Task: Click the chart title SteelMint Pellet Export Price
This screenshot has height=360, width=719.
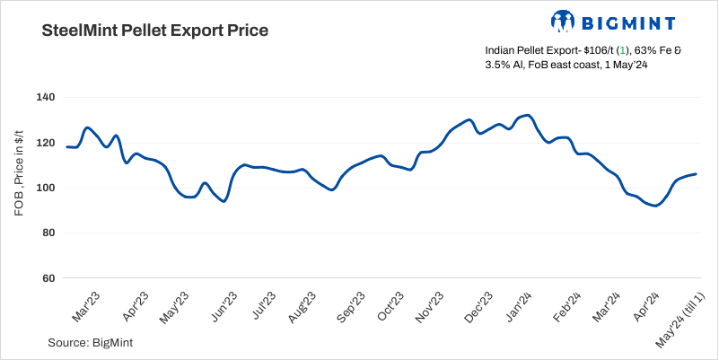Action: point(155,31)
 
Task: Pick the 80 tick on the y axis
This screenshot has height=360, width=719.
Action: point(48,233)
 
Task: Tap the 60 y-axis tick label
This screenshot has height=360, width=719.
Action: point(48,278)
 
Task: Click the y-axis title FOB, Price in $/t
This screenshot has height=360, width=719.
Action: point(20,188)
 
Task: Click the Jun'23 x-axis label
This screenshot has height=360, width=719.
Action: point(222,304)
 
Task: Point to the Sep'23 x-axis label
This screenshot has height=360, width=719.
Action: point(350,304)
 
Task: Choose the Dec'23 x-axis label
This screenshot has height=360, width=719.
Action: point(478,304)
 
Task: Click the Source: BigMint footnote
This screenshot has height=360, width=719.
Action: point(92,342)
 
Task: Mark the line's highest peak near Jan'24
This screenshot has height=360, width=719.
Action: point(528,115)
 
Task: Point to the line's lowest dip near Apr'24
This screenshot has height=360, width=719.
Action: point(656,206)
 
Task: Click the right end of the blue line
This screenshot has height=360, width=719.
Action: point(696,174)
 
